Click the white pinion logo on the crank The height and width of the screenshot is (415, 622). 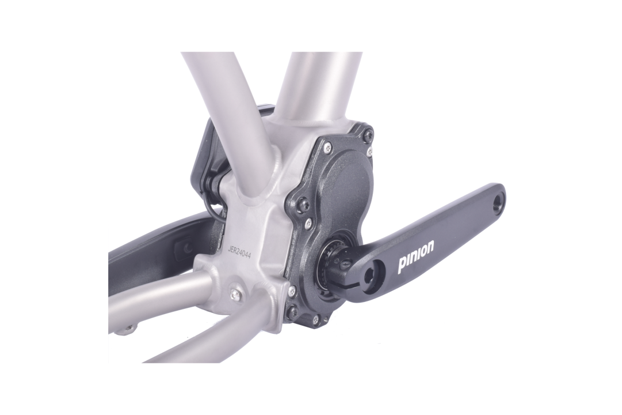[x=416, y=256]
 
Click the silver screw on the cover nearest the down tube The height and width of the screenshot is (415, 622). [x=328, y=149]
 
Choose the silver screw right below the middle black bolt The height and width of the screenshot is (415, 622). [x=309, y=221]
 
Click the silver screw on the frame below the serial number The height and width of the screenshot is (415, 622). [x=235, y=294]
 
